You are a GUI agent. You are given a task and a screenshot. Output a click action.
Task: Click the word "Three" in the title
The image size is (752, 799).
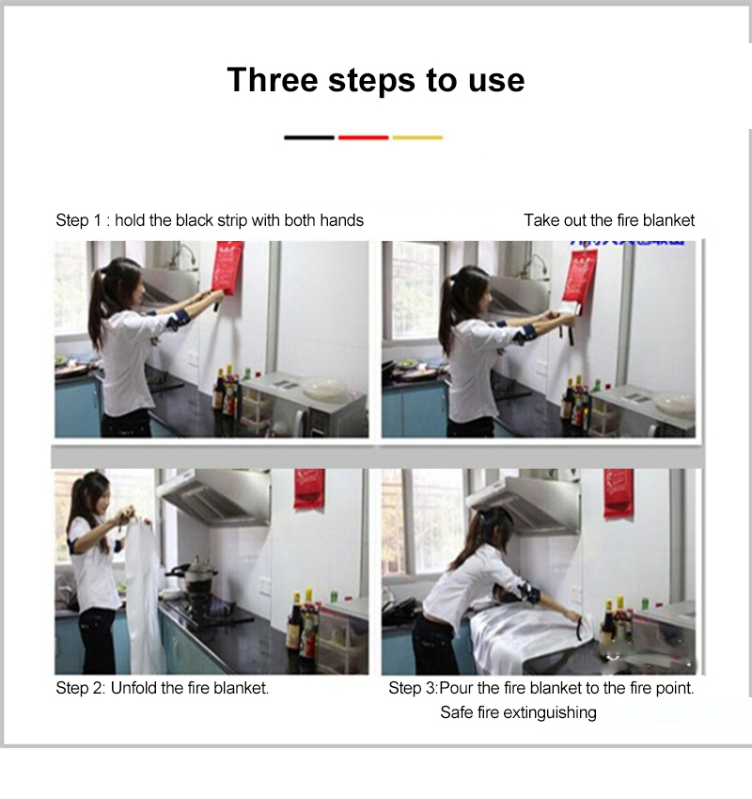[272, 80]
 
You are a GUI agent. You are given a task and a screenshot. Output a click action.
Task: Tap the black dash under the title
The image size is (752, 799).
[308, 137]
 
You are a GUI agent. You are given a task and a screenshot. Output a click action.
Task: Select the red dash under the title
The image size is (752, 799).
[363, 137]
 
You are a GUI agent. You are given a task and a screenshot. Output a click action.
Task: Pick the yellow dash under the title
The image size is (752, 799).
[417, 137]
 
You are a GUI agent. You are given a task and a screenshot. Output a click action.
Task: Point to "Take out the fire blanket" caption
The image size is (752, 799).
[609, 220]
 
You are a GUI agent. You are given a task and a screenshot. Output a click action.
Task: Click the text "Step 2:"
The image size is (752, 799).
[81, 688]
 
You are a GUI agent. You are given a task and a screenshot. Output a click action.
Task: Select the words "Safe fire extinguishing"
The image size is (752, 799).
[518, 712]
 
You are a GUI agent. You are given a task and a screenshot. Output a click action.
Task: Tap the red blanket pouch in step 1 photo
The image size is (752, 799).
[227, 267]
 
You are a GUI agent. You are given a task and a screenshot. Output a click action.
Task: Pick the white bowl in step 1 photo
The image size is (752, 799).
[324, 388]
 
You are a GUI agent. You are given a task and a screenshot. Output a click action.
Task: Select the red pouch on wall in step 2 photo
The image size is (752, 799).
[308, 488]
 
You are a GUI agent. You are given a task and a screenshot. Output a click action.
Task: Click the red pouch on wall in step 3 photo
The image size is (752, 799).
[618, 491]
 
